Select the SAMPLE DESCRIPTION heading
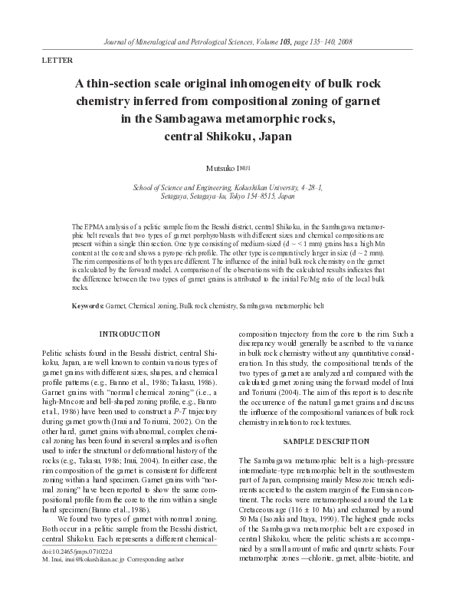(326, 443)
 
